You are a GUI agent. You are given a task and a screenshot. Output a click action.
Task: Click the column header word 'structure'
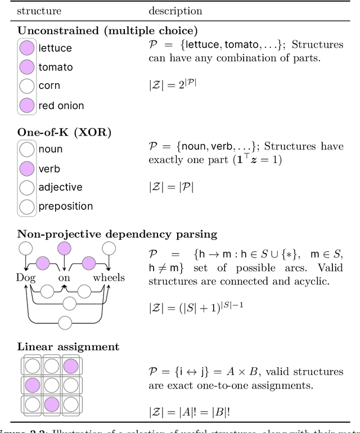[39, 11]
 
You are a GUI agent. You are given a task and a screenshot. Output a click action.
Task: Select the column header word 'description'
[174, 11]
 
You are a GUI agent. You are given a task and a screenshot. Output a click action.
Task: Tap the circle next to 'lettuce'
[26, 48]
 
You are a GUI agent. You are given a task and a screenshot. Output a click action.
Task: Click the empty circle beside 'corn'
[26, 86]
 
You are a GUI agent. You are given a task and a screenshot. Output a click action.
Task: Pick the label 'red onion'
[61, 105]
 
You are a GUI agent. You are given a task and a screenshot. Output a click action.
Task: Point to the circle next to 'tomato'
[26, 67]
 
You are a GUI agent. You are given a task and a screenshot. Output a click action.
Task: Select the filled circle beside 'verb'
[26, 169]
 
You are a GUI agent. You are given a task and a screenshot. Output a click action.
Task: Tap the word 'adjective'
[60, 187]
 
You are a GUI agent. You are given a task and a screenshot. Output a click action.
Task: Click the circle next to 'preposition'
[26, 206]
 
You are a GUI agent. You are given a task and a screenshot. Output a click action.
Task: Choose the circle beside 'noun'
[26, 150]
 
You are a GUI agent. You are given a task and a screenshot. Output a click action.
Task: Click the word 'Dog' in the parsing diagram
[26, 278]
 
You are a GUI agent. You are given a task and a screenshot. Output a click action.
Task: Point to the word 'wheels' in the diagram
[109, 278]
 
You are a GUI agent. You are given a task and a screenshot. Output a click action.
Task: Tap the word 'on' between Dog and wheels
[64, 278]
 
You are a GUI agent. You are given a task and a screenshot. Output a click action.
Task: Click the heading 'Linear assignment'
[68, 347]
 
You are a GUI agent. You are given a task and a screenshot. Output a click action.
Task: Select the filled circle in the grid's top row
[70, 366]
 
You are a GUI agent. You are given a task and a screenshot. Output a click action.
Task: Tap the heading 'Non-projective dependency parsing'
[117, 234]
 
